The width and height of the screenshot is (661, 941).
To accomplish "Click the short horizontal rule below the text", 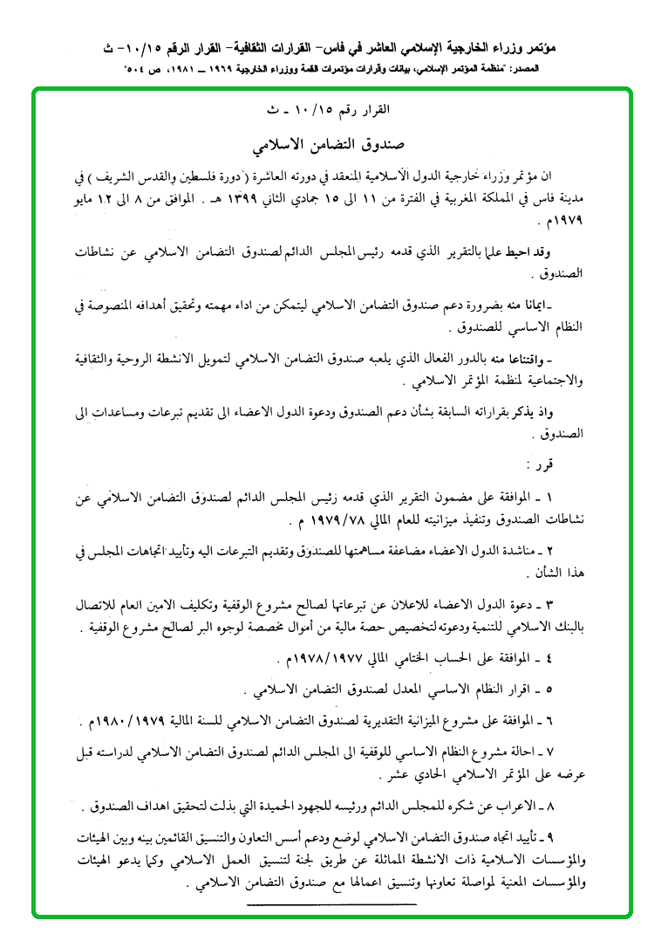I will (x=330, y=904).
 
